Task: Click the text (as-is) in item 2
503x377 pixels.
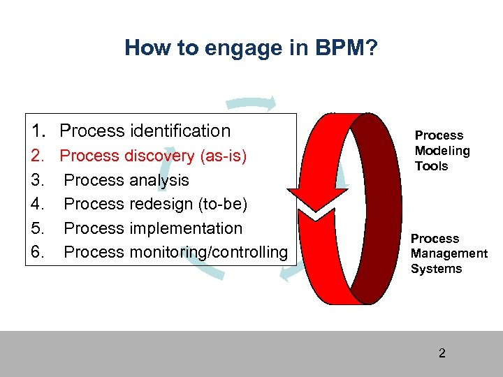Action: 221,156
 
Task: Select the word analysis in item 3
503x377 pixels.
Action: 159,180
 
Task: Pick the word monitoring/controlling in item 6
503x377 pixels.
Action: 208,252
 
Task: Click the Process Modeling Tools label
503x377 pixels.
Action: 442,151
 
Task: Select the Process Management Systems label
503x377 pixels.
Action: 449,254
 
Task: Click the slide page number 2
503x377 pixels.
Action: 442,353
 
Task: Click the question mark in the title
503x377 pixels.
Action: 372,47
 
